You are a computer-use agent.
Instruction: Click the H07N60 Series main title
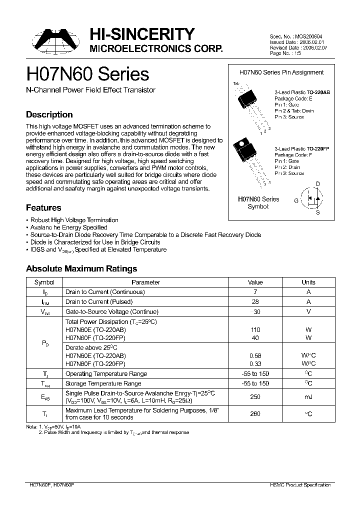pos(87,74)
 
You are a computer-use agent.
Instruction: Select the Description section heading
pos(49,114)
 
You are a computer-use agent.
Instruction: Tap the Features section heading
pos(43,207)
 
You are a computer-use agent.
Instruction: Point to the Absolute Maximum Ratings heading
pos(81,268)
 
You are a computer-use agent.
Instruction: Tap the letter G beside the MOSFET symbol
pos(296,200)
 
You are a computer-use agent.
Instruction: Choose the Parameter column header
pos(145,282)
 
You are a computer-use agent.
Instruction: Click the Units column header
pos(308,282)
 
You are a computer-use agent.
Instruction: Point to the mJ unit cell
pos(308,396)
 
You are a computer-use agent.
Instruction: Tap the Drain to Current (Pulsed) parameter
pos(99,301)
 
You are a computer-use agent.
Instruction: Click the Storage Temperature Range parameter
pos(104,383)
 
